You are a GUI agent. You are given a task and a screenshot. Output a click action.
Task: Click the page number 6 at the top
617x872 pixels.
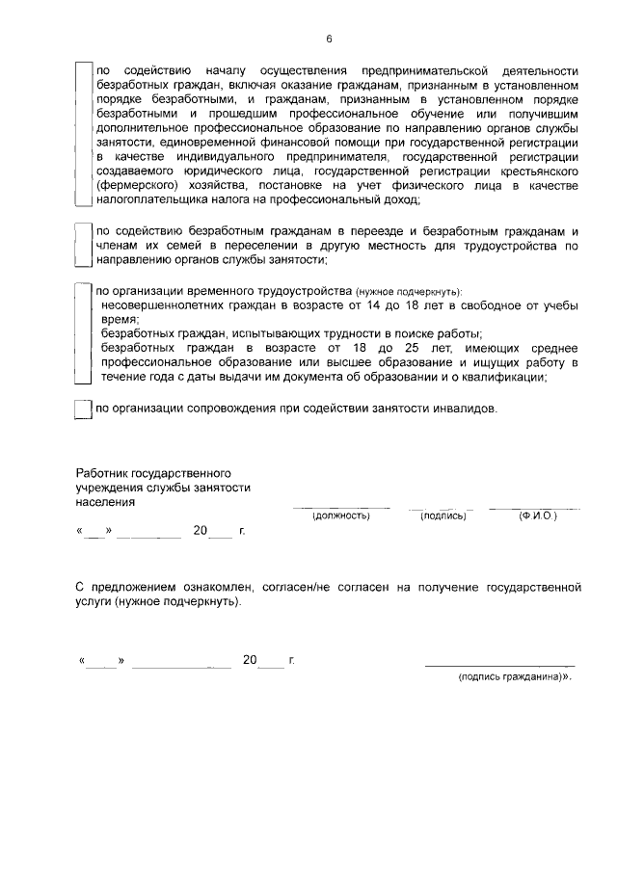click(x=329, y=39)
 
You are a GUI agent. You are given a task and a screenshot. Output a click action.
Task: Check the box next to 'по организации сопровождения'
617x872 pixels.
click(x=83, y=409)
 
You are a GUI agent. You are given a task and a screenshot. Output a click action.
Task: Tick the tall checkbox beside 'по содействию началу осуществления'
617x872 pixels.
click(x=83, y=135)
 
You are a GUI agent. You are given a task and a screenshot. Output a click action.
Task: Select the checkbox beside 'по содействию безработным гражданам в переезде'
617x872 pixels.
click(x=83, y=246)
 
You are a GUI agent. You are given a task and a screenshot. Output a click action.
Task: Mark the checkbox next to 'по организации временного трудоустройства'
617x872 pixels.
click(x=83, y=332)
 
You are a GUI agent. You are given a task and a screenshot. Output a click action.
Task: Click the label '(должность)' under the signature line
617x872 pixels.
click(x=341, y=516)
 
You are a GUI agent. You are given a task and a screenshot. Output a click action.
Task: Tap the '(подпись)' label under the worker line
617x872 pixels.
click(x=443, y=516)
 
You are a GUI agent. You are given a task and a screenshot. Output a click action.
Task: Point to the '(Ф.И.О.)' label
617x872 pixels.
click(x=537, y=516)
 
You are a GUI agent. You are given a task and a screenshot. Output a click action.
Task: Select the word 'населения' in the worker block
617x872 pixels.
click(x=105, y=502)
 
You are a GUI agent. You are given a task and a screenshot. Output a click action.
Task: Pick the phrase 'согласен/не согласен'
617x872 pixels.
click(x=322, y=586)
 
